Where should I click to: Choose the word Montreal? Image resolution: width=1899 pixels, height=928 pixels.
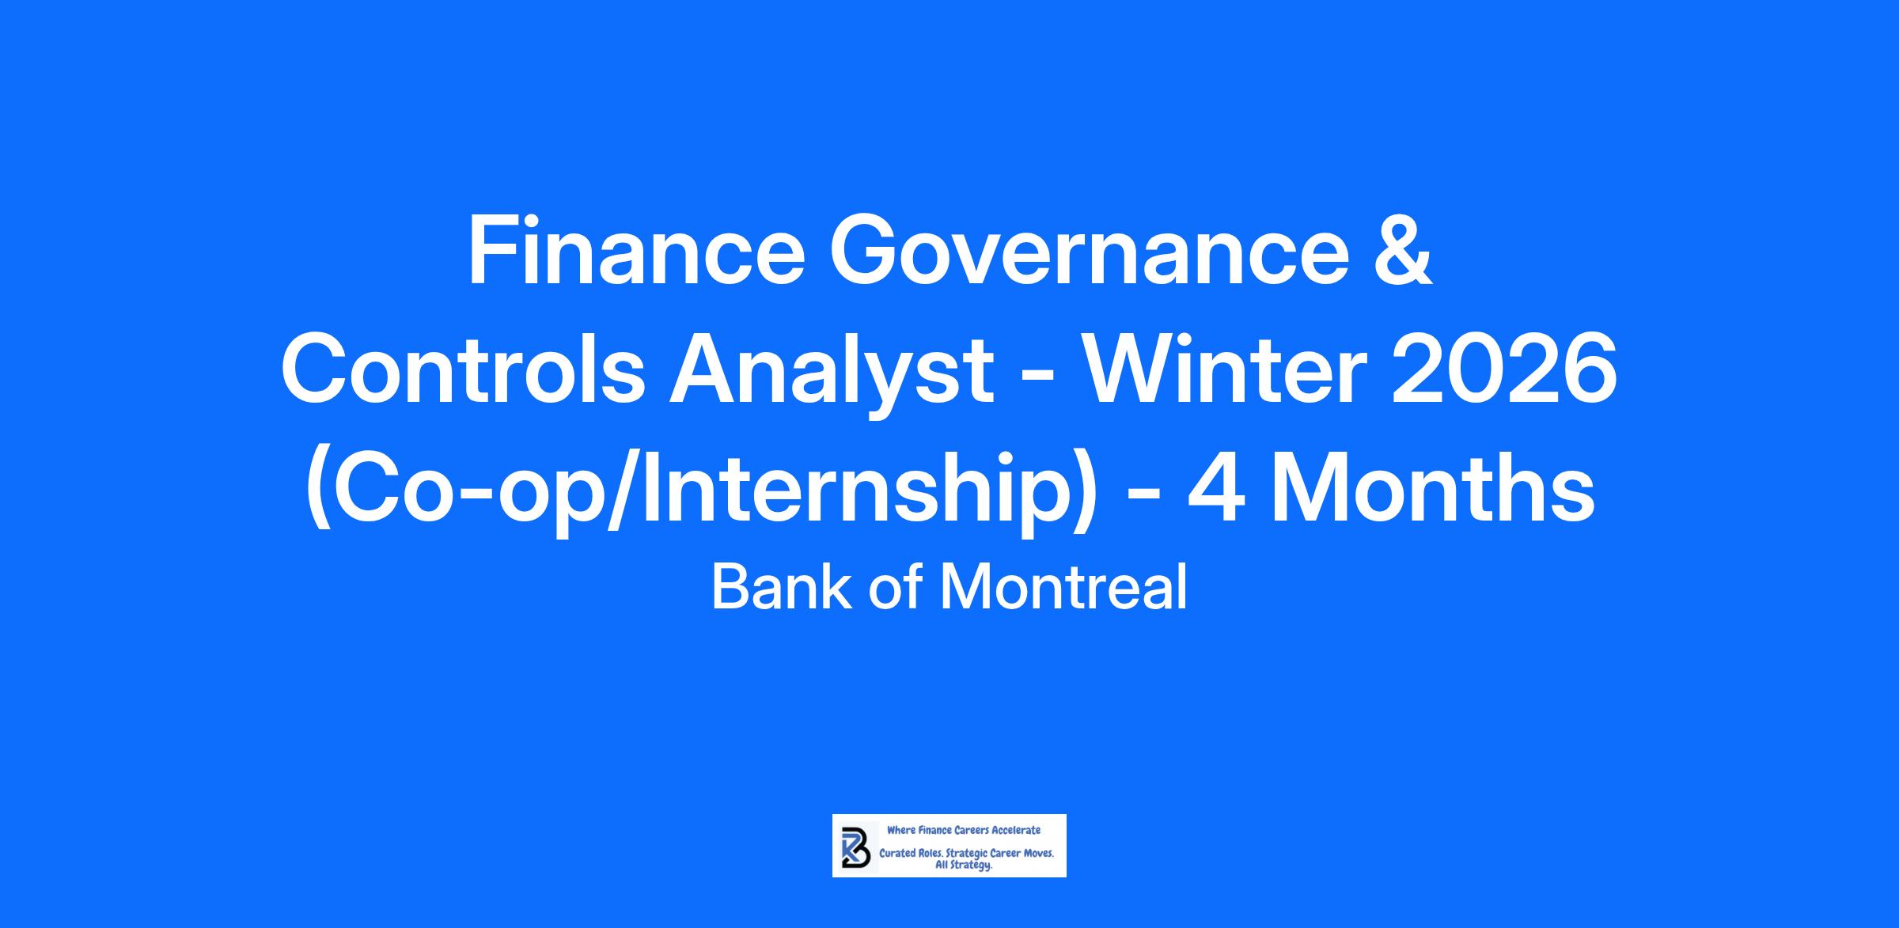(x=1064, y=588)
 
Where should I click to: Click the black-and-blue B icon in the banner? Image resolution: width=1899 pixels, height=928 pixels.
(x=855, y=846)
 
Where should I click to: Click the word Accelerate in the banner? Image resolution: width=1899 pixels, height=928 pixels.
(x=1016, y=830)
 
